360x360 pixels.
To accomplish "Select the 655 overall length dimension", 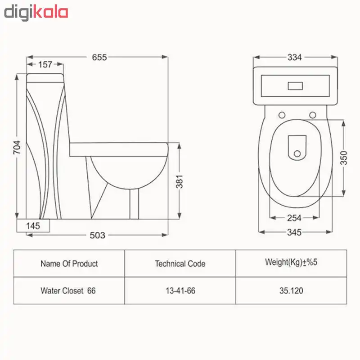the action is coord(99,57).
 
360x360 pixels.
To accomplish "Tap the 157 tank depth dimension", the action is coord(45,64).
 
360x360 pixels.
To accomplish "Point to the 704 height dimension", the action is coord(17,147).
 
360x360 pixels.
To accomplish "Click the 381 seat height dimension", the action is coord(180,181).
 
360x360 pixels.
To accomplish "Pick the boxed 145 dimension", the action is coord(33,226).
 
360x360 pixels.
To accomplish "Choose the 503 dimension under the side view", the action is coord(97,235).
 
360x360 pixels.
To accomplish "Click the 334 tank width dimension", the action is coord(295,57).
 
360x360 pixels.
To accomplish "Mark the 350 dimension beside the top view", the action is coord(344,158).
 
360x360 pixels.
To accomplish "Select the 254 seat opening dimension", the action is coord(294,218).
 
